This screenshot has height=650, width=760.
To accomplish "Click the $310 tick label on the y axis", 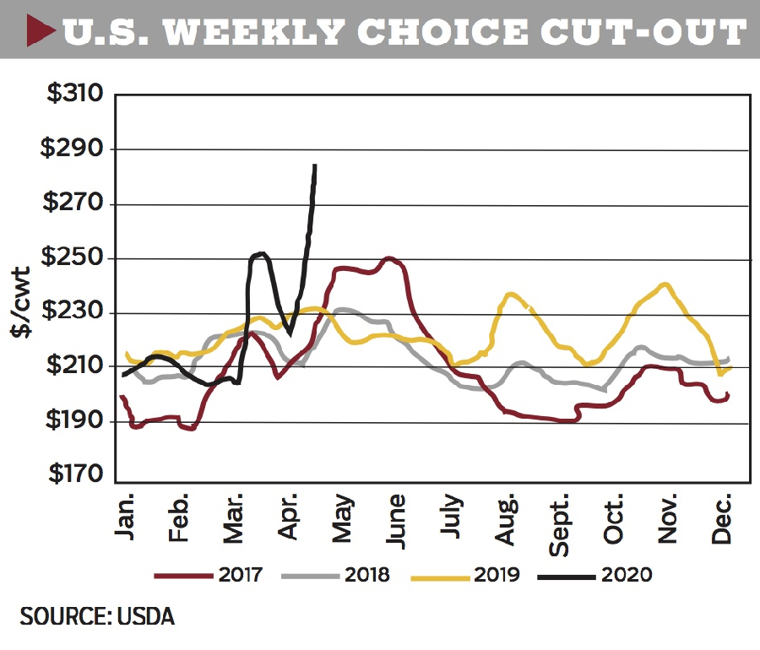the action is [x=75, y=92].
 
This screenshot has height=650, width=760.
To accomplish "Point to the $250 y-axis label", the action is [x=73, y=257].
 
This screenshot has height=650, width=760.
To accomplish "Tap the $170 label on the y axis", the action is [x=76, y=473].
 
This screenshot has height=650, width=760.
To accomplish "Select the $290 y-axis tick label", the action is [x=73, y=147].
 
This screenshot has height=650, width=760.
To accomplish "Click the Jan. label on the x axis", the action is [x=124, y=517].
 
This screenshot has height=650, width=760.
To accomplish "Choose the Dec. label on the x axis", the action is [x=721, y=518].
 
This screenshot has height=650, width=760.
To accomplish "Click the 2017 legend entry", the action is [x=209, y=575].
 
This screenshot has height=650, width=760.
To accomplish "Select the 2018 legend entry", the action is [x=335, y=575].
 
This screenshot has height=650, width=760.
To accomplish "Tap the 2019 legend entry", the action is [x=464, y=575].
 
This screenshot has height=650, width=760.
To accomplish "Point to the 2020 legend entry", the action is [x=594, y=575].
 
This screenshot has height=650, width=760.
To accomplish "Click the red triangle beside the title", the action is [x=41, y=30].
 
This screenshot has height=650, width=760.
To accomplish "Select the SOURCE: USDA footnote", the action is [x=97, y=616].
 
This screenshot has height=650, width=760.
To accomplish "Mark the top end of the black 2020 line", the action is [x=315, y=165].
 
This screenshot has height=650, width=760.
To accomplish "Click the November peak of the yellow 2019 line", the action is [x=665, y=284].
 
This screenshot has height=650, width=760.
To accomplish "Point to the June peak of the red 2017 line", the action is [x=389, y=258].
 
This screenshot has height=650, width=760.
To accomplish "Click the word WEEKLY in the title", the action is [x=254, y=32].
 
